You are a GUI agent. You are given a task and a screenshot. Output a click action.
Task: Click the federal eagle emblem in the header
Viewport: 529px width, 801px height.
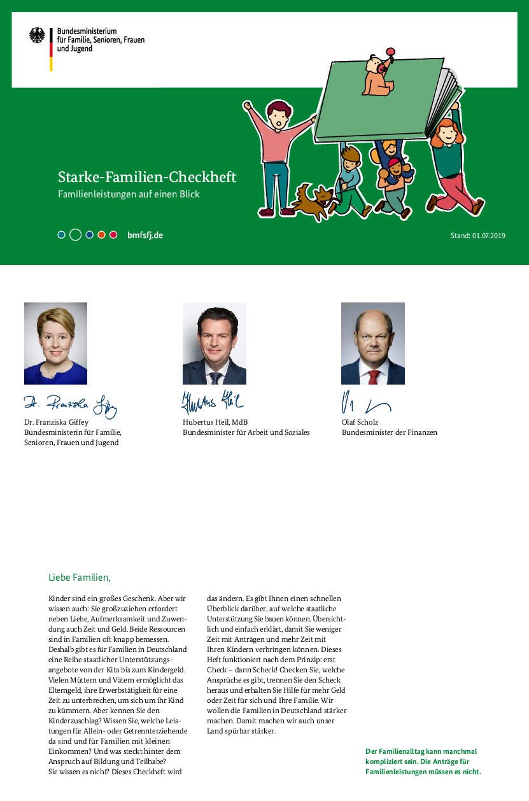coord(37,36)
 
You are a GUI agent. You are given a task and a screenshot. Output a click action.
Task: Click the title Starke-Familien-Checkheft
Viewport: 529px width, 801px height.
coord(147,176)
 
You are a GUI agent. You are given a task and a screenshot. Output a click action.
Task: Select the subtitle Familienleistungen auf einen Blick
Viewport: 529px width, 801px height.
coord(129,194)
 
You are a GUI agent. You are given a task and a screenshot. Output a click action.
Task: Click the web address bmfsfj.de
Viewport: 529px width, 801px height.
coord(145,235)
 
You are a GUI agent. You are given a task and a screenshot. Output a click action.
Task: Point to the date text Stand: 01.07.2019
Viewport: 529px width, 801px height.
coord(477,236)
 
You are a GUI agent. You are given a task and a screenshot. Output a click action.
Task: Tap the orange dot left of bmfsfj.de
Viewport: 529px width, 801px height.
coord(101,235)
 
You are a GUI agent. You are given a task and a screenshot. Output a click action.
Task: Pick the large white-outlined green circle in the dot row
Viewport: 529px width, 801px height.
coord(75,235)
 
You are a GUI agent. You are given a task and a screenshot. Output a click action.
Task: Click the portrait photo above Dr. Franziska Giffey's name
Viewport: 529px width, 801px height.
coord(55,343)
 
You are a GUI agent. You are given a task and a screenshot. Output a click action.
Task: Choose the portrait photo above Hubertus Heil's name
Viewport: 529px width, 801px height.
coord(214,343)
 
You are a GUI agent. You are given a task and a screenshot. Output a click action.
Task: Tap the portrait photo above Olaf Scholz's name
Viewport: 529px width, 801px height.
coord(372,343)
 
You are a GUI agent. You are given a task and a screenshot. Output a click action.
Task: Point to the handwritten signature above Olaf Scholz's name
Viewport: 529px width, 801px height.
coord(366,404)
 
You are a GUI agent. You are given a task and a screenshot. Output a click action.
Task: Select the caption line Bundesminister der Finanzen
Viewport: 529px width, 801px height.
coord(390,432)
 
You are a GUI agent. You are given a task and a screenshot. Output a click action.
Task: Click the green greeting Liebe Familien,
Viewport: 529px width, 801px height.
coord(80,578)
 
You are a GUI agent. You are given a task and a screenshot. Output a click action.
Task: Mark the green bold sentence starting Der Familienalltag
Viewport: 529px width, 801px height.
coord(423,762)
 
